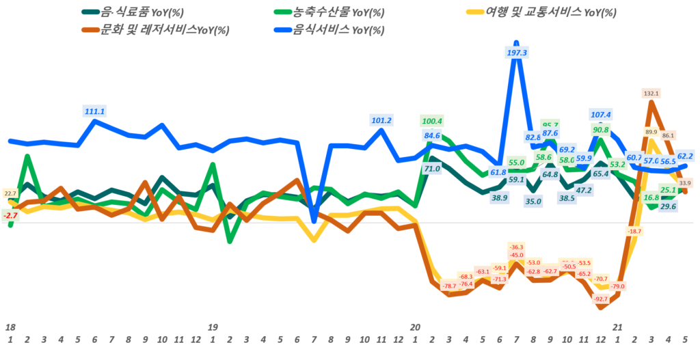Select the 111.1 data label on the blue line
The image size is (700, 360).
(x=94, y=111)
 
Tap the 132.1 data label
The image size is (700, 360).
(x=651, y=93)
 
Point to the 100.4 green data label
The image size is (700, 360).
(x=432, y=121)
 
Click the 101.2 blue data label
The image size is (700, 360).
(x=381, y=120)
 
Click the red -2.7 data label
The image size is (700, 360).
(x=10, y=215)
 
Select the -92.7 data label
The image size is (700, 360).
(x=601, y=299)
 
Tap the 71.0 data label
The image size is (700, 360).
(x=431, y=168)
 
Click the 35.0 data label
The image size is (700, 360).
(x=533, y=201)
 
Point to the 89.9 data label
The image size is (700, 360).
(x=651, y=132)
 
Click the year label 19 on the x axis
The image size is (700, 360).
(x=213, y=327)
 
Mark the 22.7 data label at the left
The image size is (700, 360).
(x=10, y=194)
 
